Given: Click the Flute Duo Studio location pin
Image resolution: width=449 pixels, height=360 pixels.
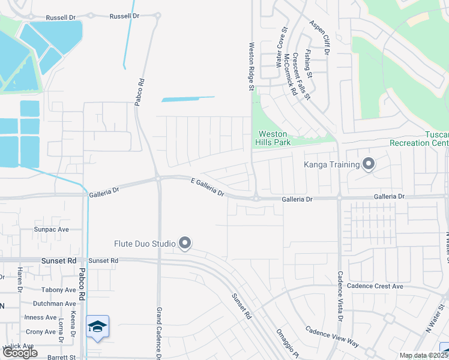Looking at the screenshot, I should [185, 243].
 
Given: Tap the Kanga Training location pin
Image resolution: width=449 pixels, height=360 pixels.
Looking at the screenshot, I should [369, 164].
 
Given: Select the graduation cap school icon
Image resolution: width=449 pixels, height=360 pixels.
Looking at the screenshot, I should [97, 327].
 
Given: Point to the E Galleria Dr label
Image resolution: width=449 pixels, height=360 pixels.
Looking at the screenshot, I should [207, 187].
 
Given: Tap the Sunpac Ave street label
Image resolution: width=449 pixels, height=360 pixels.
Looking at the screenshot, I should [51, 229].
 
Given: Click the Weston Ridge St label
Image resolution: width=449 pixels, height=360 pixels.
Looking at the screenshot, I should [252, 66].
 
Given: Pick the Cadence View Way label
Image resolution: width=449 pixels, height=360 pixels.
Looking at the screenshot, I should [331, 337].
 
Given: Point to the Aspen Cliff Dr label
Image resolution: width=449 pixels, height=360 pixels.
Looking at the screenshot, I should [320, 37].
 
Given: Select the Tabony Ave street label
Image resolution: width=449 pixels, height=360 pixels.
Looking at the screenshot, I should [59, 289].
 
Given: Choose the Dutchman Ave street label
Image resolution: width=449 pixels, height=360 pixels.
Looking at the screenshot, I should [55, 304].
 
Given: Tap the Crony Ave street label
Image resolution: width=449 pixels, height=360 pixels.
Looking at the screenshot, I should [41, 332].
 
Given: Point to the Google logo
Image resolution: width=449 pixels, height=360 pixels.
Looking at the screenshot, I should [20, 352].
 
